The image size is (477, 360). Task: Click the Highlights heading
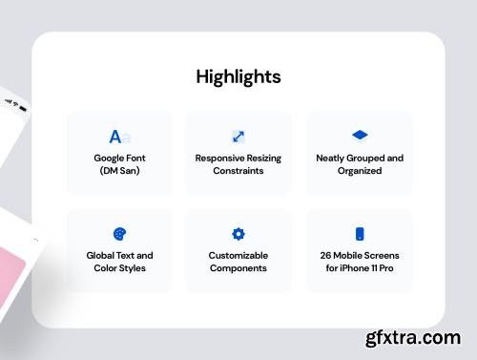click(x=238, y=76)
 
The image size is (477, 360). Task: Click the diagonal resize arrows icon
click(x=238, y=137)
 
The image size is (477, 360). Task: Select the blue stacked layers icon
click(x=360, y=136)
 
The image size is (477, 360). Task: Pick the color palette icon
click(x=119, y=234)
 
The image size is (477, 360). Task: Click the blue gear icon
click(x=238, y=234)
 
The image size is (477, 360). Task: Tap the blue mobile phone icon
click(x=360, y=234)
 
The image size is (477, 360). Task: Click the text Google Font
click(x=119, y=158)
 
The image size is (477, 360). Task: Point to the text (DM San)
click(x=119, y=171)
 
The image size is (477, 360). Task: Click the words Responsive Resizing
click(x=238, y=158)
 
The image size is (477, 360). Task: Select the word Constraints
click(x=238, y=171)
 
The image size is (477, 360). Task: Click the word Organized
click(x=360, y=171)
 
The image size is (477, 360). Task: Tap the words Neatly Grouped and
click(x=360, y=158)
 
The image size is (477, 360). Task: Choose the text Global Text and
click(x=119, y=255)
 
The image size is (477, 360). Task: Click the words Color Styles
click(x=119, y=268)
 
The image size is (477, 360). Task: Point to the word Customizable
click(x=238, y=255)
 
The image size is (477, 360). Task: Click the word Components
click(x=238, y=268)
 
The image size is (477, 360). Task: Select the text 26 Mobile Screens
click(x=360, y=255)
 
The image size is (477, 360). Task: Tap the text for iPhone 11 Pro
click(x=360, y=268)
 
